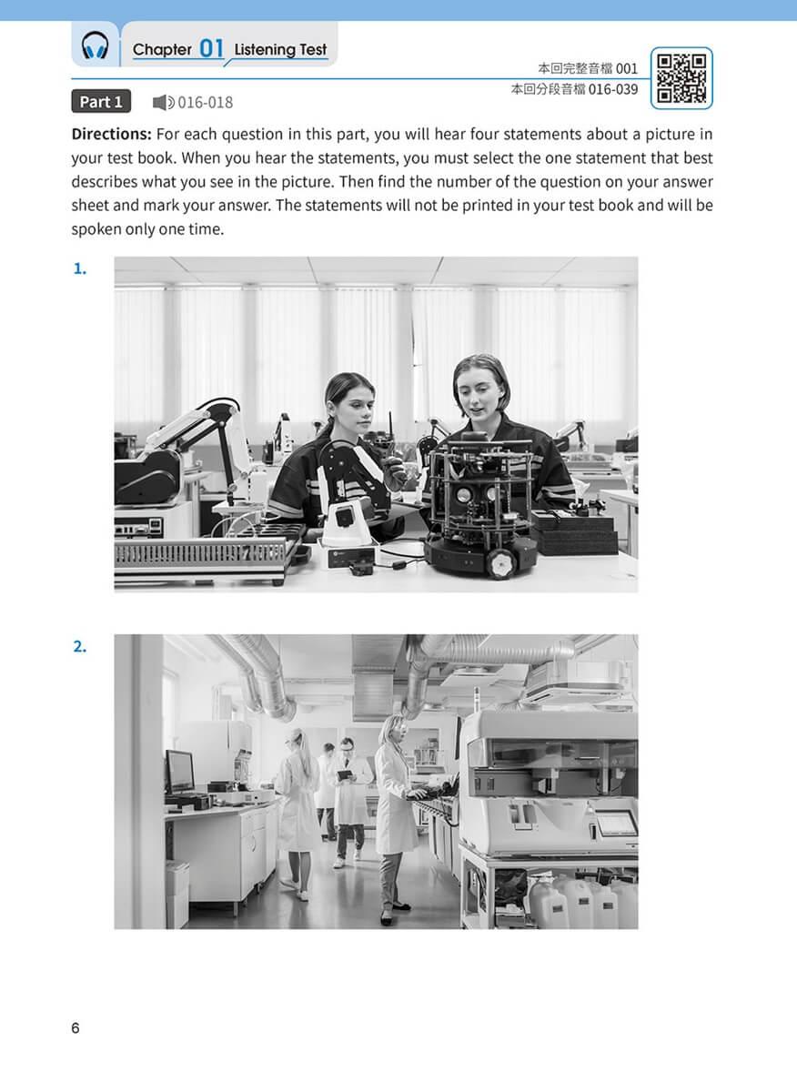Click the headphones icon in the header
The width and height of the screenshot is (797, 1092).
point(95,45)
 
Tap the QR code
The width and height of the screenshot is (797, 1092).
point(681,78)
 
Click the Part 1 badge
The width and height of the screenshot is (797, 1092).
point(101,101)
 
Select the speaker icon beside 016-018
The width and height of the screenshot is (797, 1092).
point(163,102)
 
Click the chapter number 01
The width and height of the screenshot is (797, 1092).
point(212,49)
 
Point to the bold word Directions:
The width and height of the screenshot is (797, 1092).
point(112,134)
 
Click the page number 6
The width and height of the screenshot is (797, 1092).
point(76,1028)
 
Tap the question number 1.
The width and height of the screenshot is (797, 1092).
point(79,268)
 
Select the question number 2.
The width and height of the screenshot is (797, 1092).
point(79,646)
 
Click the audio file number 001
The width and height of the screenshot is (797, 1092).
point(627,69)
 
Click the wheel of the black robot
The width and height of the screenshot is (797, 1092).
point(502,563)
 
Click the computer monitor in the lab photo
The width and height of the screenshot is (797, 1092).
point(179,772)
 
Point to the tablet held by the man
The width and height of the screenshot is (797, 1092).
point(345,774)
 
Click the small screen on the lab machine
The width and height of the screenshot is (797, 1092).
point(616,824)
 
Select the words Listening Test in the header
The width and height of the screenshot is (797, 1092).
point(280,49)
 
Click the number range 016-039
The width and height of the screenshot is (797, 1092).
point(613,89)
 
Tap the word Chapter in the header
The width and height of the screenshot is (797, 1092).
point(162,49)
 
